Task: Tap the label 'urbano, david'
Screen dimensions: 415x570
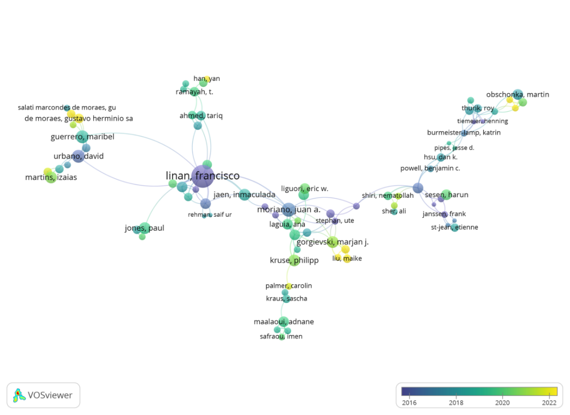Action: (79, 157)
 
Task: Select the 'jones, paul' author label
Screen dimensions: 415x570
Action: (144, 228)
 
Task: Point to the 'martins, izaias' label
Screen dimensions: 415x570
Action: (51, 177)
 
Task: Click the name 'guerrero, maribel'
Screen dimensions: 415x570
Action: (82, 137)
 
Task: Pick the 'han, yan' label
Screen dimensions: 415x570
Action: (206, 79)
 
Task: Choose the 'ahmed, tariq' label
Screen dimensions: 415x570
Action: (201, 116)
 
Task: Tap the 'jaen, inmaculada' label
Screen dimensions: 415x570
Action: (244, 195)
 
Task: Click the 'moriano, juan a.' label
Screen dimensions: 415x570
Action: (288, 210)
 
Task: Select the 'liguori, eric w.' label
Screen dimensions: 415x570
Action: (305, 188)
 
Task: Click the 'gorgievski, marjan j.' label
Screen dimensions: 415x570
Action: (332, 242)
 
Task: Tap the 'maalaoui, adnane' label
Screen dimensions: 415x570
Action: (283, 322)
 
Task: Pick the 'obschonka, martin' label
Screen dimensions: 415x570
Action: (517, 95)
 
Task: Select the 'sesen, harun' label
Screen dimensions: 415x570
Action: (446, 195)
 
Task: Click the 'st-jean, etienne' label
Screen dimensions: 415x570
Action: (454, 227)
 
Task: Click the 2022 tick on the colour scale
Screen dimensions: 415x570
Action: (549, 402)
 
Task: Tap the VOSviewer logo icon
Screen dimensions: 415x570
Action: (19, 395)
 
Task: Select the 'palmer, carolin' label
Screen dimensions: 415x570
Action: (288, 286)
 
